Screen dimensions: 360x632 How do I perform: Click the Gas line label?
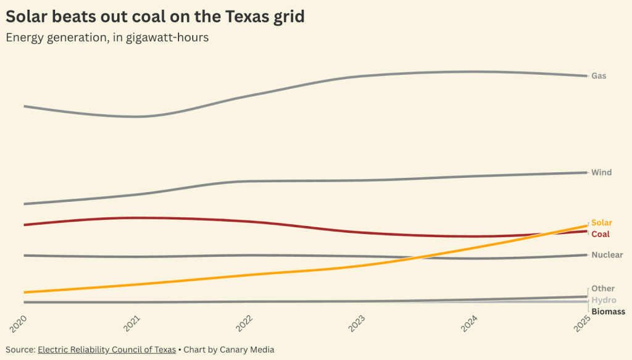tap(599, 76)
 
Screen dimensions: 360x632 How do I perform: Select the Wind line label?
tap(601, 172)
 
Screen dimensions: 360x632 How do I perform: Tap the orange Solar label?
tap(602, 222)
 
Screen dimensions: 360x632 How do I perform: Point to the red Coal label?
tap(601, 234)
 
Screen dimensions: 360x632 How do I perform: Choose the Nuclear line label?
tap(607, 255)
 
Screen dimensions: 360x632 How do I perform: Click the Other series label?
tap(603, 288)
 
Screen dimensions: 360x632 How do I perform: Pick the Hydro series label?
tap(604, 300)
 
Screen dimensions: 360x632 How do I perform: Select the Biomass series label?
tap(608, 312)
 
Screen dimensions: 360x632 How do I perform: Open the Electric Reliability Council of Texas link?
tap(107, 350)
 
